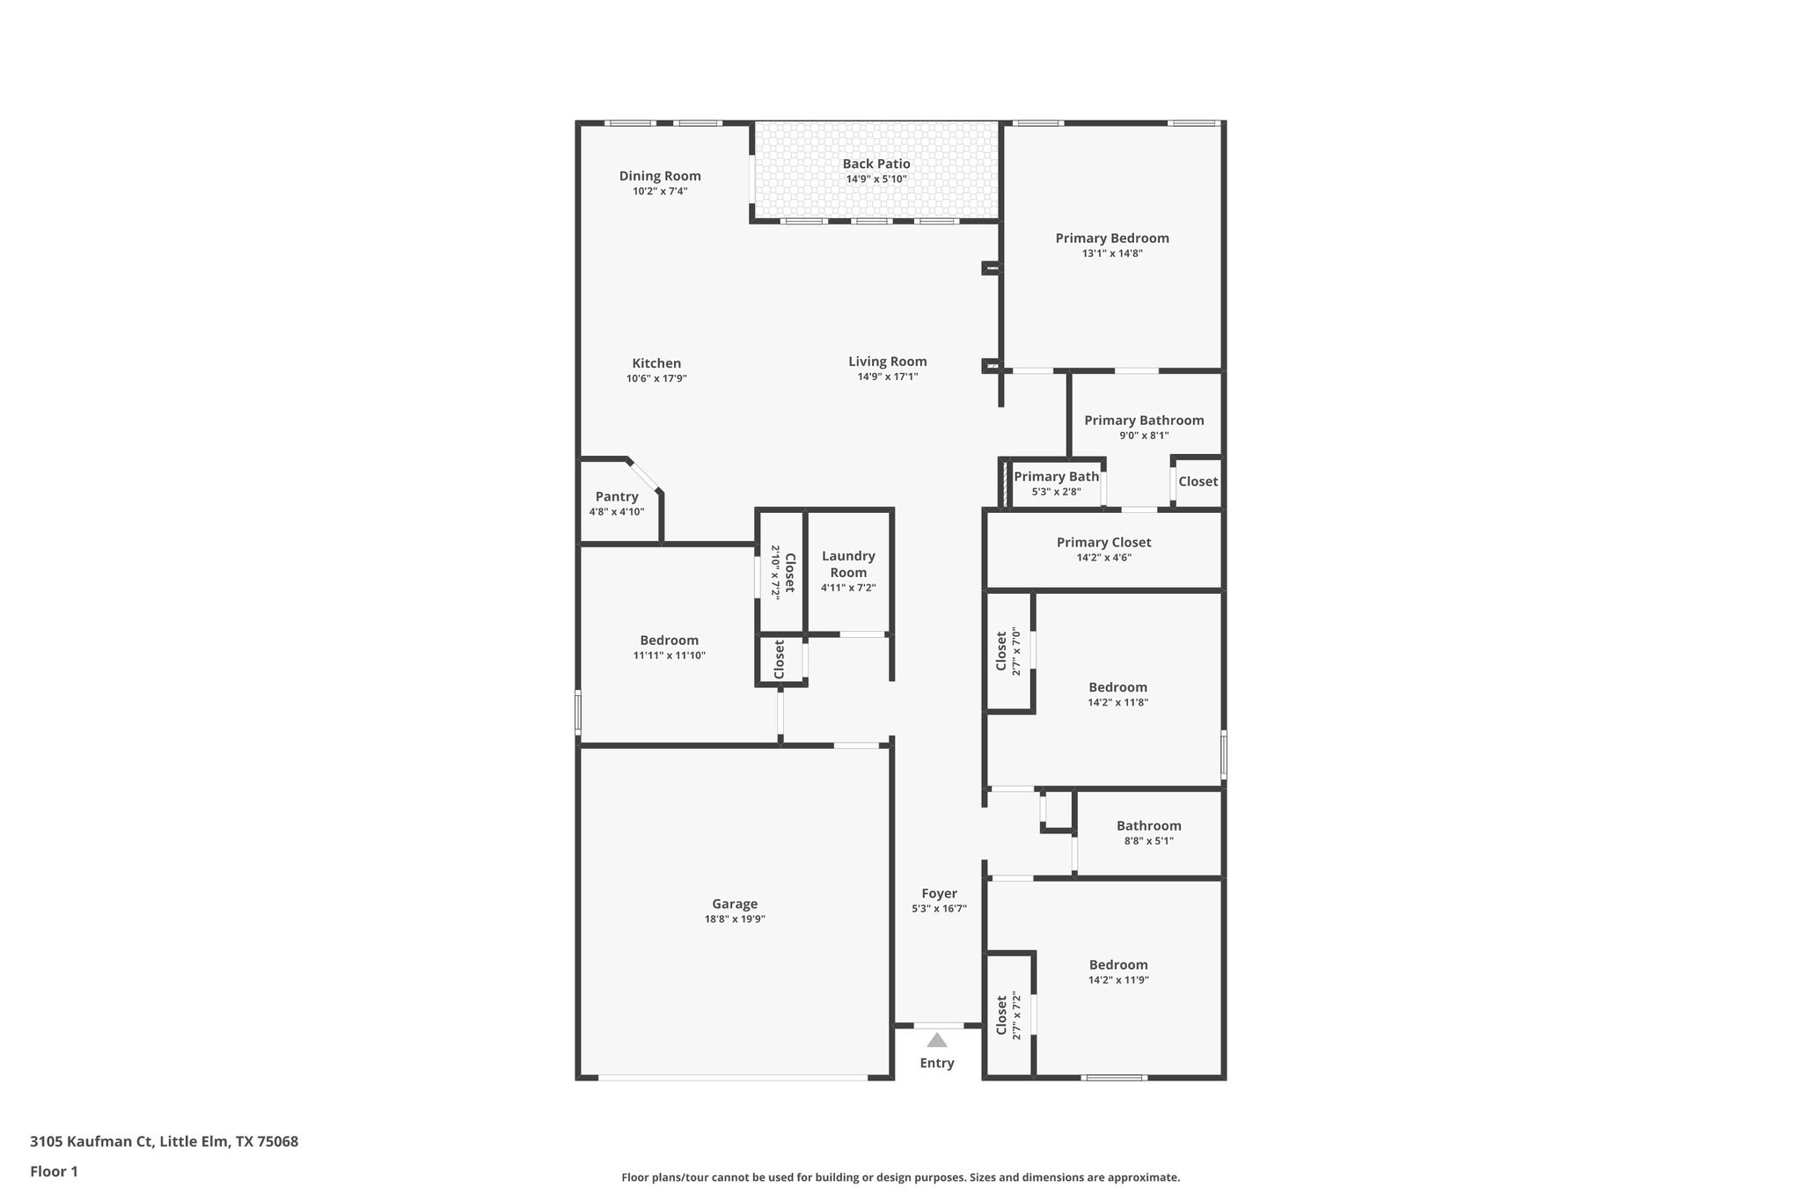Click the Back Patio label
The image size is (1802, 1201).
point(876,164)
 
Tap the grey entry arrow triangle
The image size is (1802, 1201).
point(937,1040)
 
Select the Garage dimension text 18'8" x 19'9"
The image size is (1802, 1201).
point(735,919)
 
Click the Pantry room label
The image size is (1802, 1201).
point(617,497)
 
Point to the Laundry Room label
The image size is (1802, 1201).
point(848,564)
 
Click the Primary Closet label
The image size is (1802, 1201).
point(1103,543)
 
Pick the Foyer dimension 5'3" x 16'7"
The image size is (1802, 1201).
point(939,909)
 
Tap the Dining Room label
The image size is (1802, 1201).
point(660,176)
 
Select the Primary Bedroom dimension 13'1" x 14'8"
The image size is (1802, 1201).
point(1112,253)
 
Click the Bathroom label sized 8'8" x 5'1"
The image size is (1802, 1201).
point(1148,826)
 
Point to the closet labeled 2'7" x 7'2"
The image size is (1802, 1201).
point(1001,1017)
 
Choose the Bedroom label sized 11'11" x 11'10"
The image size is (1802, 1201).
point(670,641)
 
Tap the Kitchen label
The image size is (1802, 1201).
point(656,363)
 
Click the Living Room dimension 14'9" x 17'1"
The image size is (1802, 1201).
point(888,377)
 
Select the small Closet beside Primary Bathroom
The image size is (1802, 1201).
point(1198,481)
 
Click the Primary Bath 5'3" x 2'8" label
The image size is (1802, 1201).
point(1056,477)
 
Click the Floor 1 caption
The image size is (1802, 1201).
point(55,1172)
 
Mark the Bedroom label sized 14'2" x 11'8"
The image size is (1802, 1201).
point(1117,688)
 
